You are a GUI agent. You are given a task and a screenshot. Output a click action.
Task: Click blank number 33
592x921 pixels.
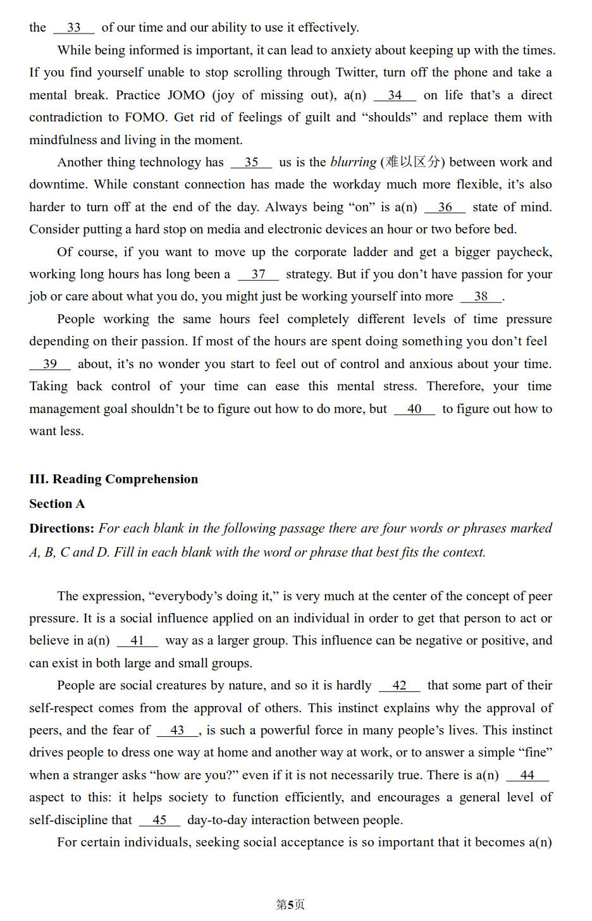tap(73, 28)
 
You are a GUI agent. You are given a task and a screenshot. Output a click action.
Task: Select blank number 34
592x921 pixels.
tap(395, 96)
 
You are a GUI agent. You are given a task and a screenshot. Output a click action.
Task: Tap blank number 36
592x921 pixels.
tap(445, 207)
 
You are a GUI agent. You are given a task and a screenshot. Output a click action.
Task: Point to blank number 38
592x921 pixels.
tap(481, 297)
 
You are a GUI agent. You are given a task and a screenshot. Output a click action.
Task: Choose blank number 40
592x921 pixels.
tap(414, 409)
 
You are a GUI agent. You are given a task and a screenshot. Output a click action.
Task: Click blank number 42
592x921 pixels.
tap(399, 686)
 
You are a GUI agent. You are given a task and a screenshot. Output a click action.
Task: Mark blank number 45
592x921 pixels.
tap(159, 820)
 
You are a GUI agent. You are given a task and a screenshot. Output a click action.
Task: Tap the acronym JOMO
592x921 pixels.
tap(186, 96)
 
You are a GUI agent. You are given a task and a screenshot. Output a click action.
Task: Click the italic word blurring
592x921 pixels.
tap(353, 163)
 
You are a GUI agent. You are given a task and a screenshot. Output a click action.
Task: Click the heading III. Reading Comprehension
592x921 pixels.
tap(113, 479)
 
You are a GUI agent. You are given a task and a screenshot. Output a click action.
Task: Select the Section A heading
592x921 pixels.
tap(57, 504)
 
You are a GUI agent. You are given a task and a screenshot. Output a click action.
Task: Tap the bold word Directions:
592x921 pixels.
tap(61, 529)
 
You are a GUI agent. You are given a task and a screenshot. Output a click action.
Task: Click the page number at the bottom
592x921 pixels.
tap(290, 905)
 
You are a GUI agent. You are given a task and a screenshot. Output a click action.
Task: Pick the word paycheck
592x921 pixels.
tap(524, 252)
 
